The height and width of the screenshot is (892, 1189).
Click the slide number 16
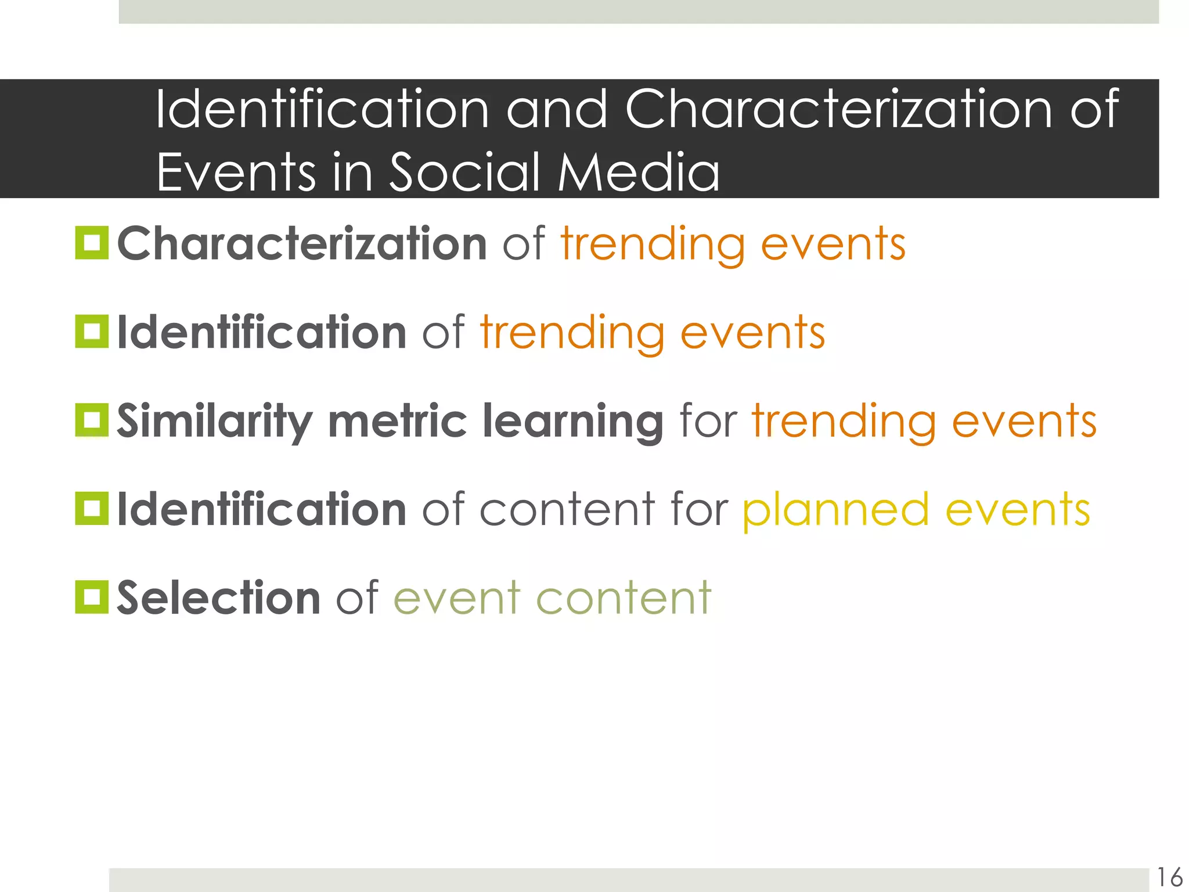click(1169, 877)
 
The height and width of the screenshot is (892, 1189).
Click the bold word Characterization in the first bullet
click(302, 244)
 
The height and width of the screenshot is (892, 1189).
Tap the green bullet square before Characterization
click(92, 243)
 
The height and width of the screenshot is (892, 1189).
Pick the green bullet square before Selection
click(92, 597)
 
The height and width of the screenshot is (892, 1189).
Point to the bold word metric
click(398, 421)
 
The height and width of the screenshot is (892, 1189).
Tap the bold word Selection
click(218, 598)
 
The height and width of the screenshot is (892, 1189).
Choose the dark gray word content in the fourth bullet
click(567, 510)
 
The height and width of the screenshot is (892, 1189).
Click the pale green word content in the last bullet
click(624, 598)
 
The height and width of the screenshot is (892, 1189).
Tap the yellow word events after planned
click(1018, 510)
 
